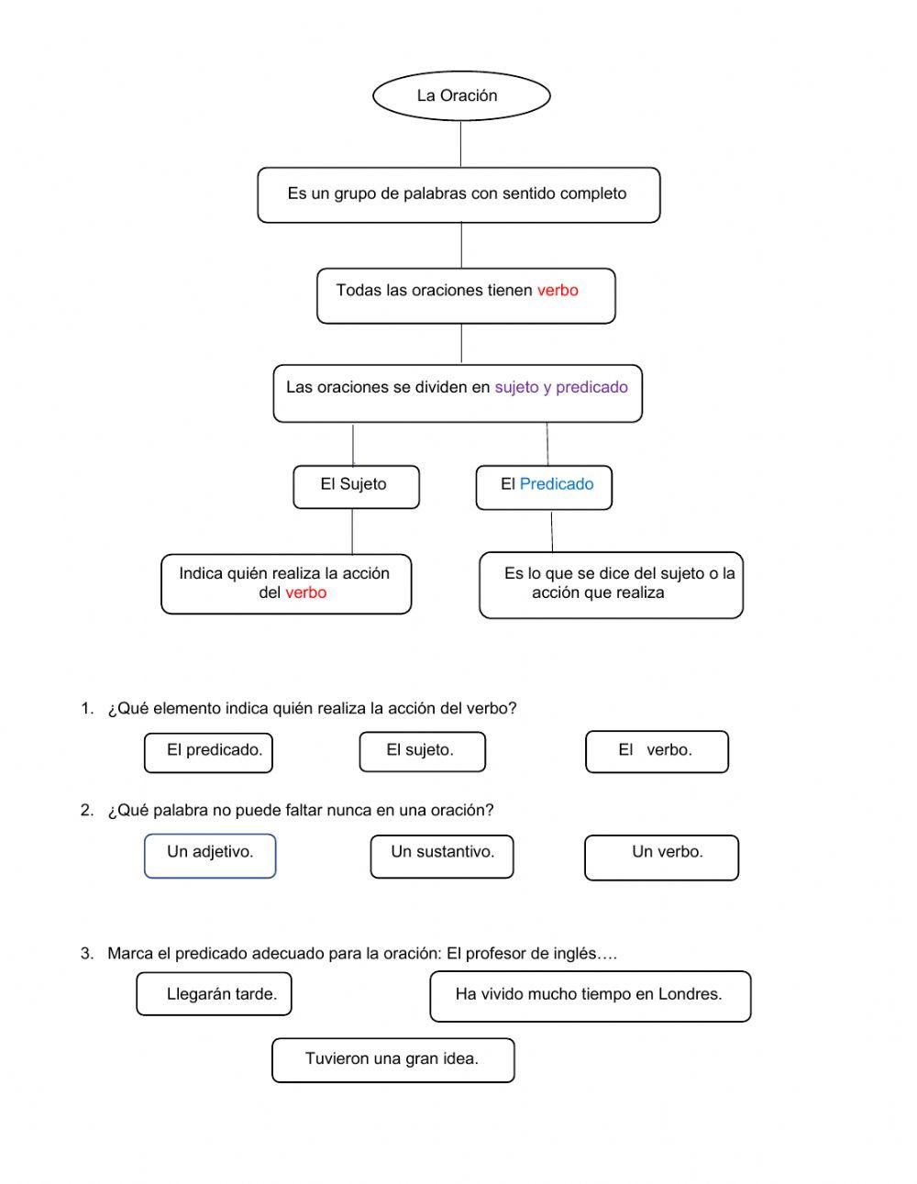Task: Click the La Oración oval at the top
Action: [460, 95]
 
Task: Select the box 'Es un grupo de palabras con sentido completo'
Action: [458, 194]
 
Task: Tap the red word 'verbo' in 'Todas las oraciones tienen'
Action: [558, 291]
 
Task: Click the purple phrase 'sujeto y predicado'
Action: [561, 387]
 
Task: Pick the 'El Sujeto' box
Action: [356, 486]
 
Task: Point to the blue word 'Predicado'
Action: [557, 484]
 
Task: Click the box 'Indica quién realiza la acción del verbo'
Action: [286, 583]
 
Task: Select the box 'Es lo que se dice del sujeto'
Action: [611, 584]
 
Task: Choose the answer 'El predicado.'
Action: [208, 751]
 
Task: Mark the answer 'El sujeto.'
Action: [422, 751]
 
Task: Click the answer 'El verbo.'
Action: [657, 751]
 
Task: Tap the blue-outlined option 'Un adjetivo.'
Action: [210, 855]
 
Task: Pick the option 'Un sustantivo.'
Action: [442, 856]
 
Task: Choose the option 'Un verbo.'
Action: [661, 857]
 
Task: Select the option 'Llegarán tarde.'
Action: [214, 994]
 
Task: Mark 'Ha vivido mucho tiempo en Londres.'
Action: [590, 995]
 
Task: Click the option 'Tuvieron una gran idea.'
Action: [392, 1059]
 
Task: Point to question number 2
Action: [87, 810]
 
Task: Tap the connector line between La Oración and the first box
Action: [460, 143]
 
